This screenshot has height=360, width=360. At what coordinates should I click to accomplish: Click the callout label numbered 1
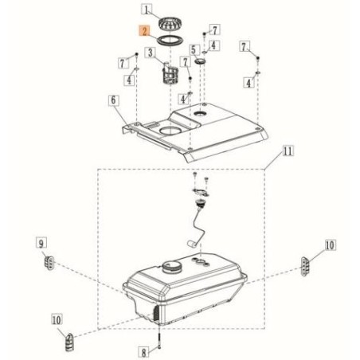click(147, 10)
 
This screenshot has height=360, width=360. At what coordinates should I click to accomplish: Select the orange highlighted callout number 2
click(145, 31)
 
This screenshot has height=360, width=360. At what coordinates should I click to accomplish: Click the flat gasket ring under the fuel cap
click(170, 41)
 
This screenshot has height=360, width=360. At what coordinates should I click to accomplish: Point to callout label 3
click(151, 53)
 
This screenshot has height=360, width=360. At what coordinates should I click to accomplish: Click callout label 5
click(194, 49)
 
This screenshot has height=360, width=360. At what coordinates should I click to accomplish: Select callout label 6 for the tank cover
click(114, 100)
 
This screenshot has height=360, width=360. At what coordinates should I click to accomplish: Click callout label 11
click(288, 151)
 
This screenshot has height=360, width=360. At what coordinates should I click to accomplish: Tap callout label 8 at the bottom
click(143, 352)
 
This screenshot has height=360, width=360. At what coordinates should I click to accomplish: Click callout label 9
click(41, 243)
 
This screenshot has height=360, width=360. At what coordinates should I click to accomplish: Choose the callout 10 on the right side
click(330, 245)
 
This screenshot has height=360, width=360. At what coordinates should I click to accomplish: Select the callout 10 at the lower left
click(57, 319)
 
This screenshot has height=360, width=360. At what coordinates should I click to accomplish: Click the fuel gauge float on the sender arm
click(191, 244)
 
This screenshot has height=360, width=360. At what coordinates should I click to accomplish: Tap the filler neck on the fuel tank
click(170, 267)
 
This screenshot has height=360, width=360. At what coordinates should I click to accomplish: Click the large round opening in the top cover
click(170, 130)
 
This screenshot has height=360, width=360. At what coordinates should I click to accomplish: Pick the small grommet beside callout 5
click(200, 61)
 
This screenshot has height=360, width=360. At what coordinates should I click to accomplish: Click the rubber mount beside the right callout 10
click(305, 266)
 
